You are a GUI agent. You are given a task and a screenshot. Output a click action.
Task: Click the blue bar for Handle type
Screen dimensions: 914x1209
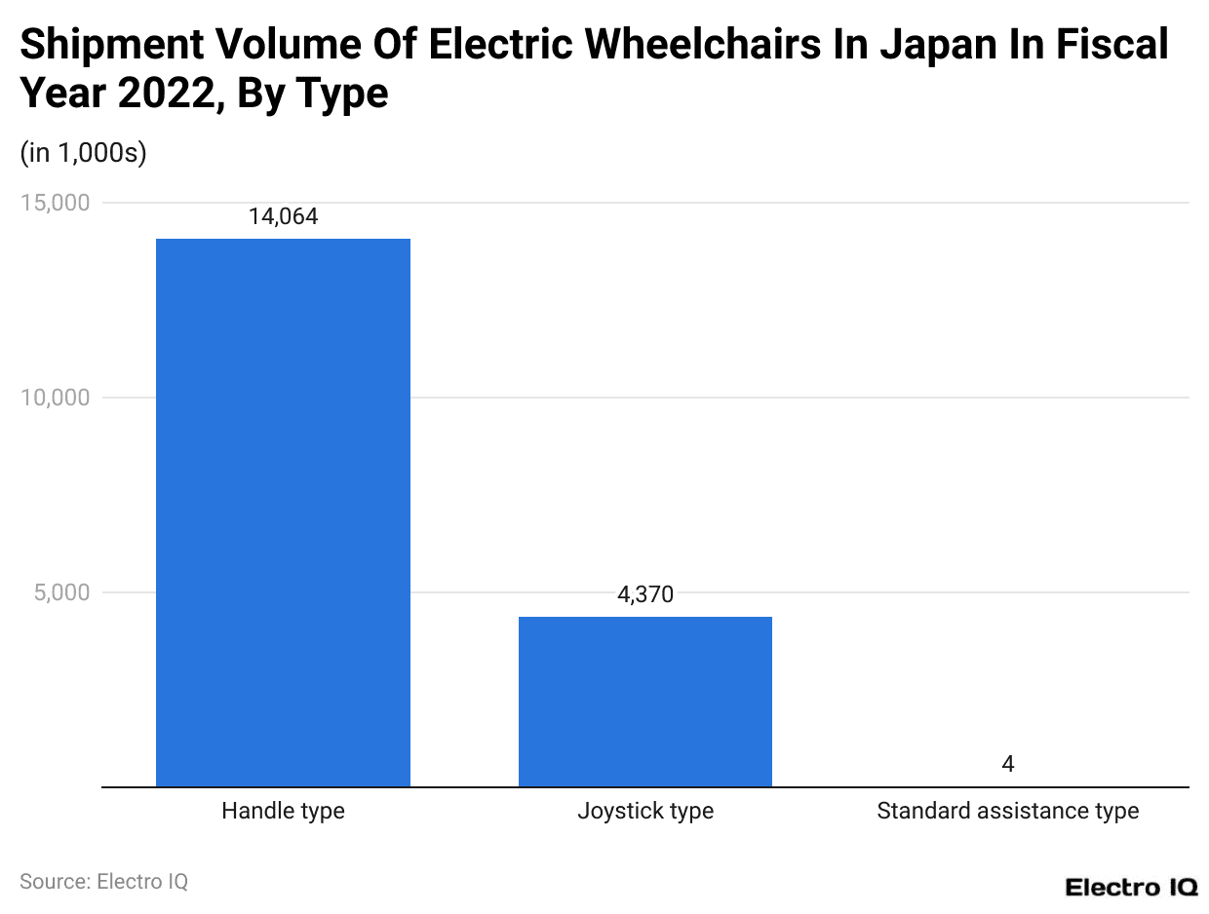(x=283, y=512)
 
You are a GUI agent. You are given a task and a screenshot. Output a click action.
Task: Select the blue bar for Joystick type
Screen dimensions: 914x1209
(x=644, y=701)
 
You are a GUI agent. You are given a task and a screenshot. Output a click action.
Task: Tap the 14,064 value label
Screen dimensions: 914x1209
(x=283, y=217)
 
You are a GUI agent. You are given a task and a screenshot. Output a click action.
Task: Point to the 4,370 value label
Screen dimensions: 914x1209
(x=644, y=594)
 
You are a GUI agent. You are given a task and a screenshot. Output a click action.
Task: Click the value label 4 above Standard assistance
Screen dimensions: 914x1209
(x=1007, y=764)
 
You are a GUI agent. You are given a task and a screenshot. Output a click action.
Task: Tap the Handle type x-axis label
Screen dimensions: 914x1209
(x=283, y=811)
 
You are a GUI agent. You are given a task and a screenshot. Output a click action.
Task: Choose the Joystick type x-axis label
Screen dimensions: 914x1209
(x=644, y=811)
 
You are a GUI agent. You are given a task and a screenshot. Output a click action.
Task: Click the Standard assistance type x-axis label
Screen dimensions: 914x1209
(x=1007, y=811)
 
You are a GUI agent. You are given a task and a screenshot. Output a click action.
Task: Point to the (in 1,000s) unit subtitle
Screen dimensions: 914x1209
(x=83, y=153)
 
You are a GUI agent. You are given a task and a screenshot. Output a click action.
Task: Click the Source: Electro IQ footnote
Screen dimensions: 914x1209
(x=103, y=881)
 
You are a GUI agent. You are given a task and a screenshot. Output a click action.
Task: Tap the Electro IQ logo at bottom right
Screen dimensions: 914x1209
(x=1130, y=887)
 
